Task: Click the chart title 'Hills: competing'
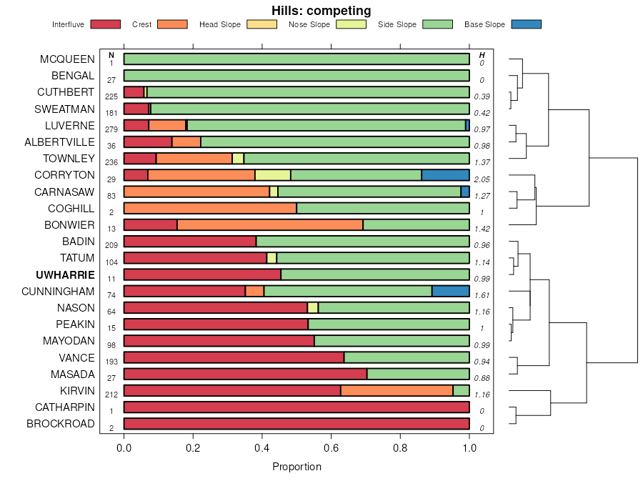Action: tap(321, 11)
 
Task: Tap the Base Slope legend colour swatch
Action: tap(526, 24)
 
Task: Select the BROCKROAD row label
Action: tap(60, 424)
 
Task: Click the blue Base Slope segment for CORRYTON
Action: tap(445, 175)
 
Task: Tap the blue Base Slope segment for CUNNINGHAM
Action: tap(450, 291)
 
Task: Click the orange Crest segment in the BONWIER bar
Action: tap(270, 224)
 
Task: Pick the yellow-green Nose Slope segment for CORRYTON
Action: tap(273, 175)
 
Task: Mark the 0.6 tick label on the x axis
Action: tap(332, 448)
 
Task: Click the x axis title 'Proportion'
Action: tap(296, 467)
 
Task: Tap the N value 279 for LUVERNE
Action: tap(111, 129)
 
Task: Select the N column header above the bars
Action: tap(111, 55)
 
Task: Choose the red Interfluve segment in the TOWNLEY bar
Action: tap(140, 159)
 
